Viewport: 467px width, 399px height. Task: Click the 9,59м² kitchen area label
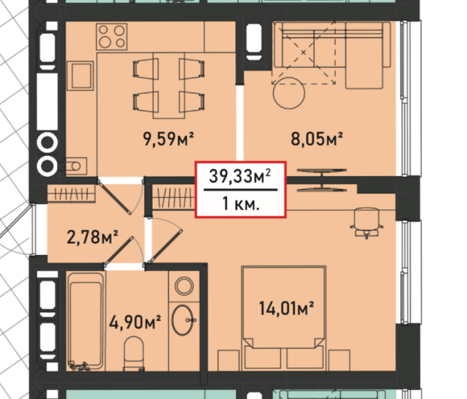(x=169, y=139)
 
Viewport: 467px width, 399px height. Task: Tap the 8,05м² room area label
(x=317, y=139)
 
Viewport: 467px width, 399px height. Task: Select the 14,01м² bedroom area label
(x=286, y=308)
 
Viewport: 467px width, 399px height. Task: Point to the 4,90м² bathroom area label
(x=135, y=322)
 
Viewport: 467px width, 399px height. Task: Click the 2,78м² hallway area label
(x=92, y=237)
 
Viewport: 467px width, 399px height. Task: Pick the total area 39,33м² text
(x=240, y=176)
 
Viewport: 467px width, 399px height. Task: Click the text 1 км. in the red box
(x=241, y=204)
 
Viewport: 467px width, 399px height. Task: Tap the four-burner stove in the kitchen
(x=112, y=37)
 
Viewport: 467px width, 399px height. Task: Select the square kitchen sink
(x=80, y=76)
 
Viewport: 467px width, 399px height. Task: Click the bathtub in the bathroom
(x=86, y=321)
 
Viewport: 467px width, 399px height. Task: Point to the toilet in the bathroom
(x=134, y=354)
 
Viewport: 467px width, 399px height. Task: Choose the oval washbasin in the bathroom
(x=183, y=320)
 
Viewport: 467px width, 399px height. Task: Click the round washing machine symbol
(x=184, y=286)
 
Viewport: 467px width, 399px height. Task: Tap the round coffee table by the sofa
(x=289, y=93)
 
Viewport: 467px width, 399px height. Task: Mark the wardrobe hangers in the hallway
(x=72, y=194)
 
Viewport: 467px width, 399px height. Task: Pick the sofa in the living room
(x=332, y=55)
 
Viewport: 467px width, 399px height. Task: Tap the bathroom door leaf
(x=118, y=250)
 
